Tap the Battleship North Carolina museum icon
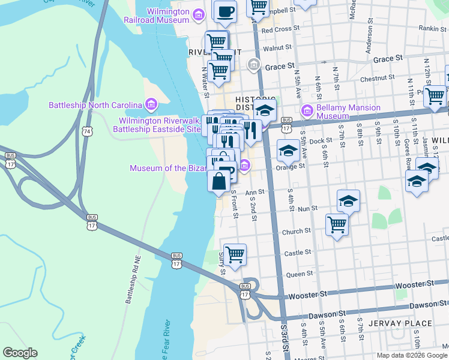150,106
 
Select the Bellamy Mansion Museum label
349,112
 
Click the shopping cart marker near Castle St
235,254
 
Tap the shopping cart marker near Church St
337,224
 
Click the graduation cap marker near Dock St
288,152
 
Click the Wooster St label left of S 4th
307,295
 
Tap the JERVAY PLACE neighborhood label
402,323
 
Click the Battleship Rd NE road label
137,278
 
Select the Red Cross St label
280,29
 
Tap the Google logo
20,353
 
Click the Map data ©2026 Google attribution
412,355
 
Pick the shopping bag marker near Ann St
217,181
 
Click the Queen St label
297,274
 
